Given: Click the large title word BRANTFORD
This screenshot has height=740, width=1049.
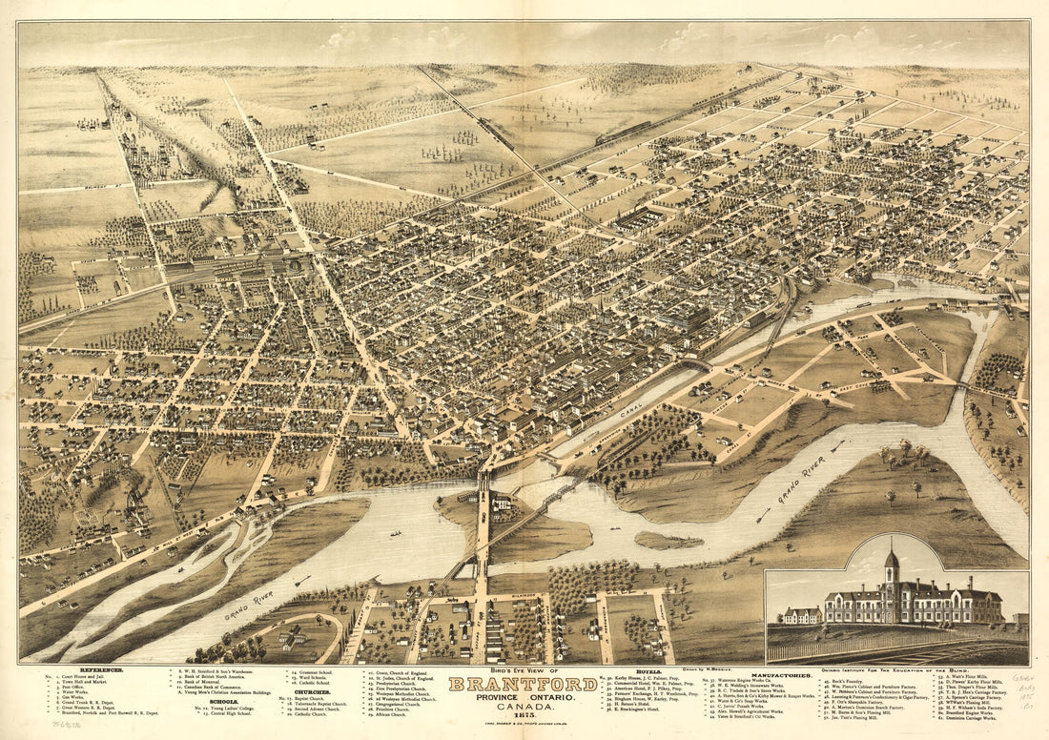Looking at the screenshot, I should pyautogui.click(x=524, y=685).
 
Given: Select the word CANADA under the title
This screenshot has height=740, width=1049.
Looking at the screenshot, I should pyautogui.click(x=524, y=707).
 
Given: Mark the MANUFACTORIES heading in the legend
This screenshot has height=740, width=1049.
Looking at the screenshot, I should pyautogui.click(x=779, y=675).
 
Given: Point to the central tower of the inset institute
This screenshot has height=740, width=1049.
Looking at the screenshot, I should pyautogui.click(x=892, y=567).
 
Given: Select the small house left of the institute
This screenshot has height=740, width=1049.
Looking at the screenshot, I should pyautogui.click(x=800, y=615).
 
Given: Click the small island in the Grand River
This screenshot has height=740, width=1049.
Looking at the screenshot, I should pyautogui.click(x=668, y=541).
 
